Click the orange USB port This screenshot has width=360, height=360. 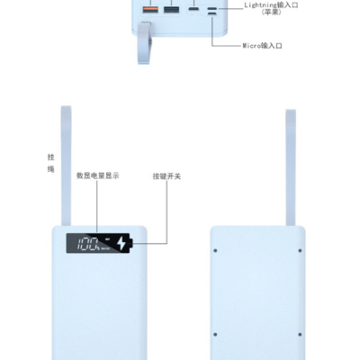tap(150, 9)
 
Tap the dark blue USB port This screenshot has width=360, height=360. tap(172, 9)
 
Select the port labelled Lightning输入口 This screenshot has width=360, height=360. tap(212, 8)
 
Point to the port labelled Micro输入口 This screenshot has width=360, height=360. tap(212, 13)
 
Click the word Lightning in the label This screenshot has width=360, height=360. tap(260, 5)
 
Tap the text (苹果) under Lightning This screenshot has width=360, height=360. tap(272, 13)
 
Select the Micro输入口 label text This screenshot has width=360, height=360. tap(263, 46)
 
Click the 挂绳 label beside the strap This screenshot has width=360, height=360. tap(51, 163)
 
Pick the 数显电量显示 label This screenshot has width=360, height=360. tap(98, 175)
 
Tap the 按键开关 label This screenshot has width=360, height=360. tap(166, 176)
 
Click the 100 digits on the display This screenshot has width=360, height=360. tap(87, 244)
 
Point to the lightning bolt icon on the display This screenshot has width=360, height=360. tap(121, 243)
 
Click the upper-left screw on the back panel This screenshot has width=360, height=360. tap(215, 250)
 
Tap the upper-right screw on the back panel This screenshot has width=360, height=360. tap(300, 250)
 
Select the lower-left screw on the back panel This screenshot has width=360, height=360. tap(215, 334)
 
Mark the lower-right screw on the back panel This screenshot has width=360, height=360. tap(300, 334)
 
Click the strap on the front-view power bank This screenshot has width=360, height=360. tap(67, 166)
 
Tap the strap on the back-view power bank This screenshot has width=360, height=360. tap(291, 167)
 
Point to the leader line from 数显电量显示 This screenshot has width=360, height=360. tap(97, 206)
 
